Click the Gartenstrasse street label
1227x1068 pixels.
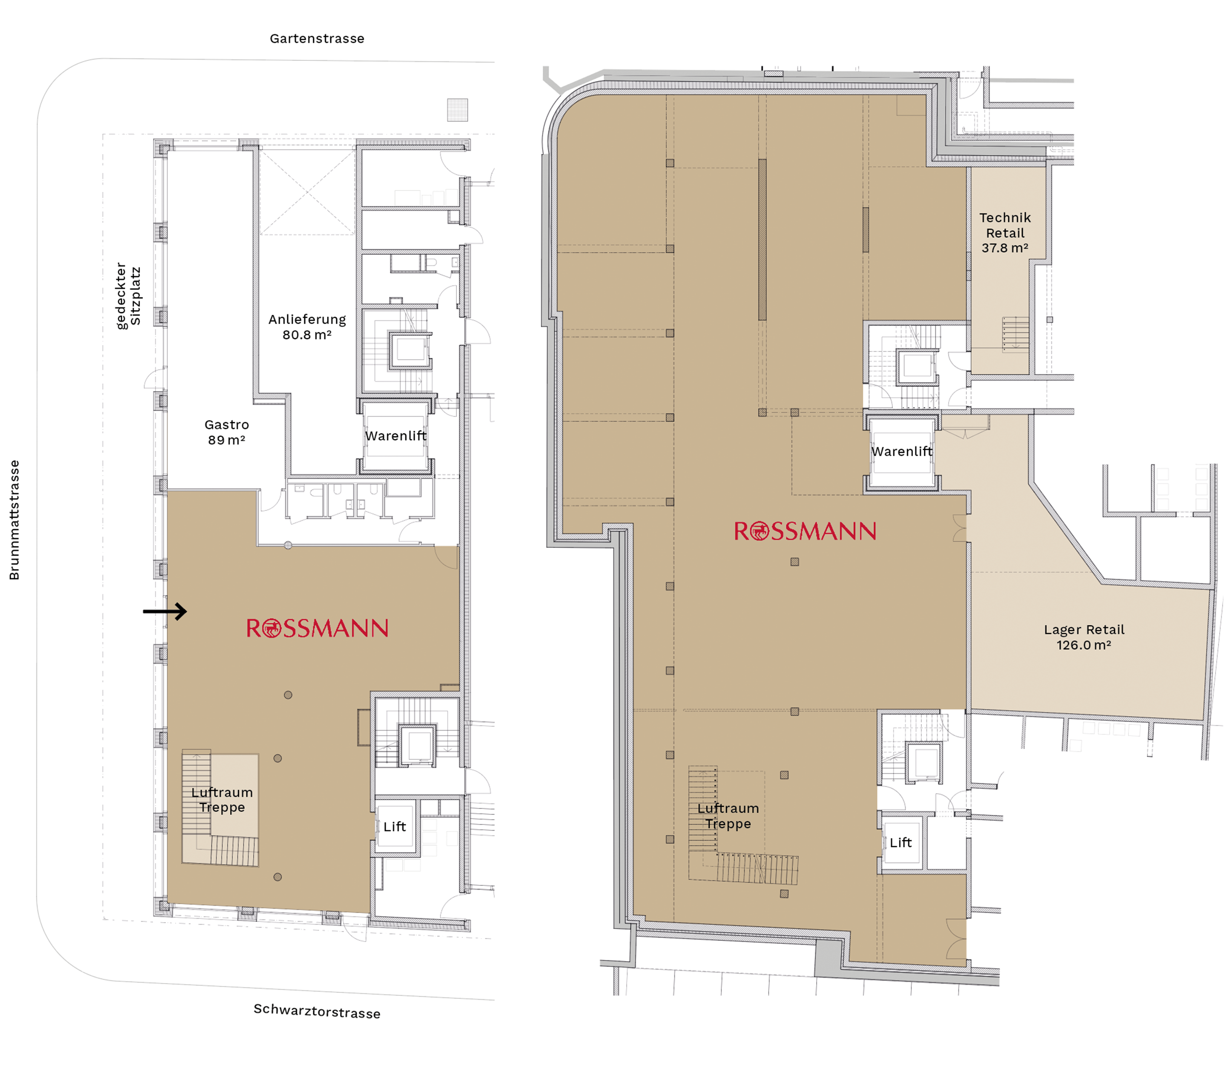[317, 39]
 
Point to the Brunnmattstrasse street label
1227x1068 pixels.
[14, 520]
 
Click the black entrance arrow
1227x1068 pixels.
[165, 611]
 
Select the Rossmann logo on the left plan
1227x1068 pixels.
[317, 628]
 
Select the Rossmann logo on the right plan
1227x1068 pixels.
[804, 531]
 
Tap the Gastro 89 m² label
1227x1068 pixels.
[226, 432]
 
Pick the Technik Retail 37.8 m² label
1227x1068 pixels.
[1005, 233]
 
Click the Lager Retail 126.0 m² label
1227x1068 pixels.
[1084, 637]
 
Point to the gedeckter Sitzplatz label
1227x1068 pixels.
[128, 295]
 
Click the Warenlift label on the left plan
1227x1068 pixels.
[396, 436]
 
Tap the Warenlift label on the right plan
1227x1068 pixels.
[902, 451]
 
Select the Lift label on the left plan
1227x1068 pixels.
[395, 827]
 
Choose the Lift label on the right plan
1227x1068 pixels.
[901, 842]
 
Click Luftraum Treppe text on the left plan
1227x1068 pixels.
[222, 800]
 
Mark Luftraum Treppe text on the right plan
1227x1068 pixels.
[728, 816]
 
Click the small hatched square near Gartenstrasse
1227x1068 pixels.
[457, 109]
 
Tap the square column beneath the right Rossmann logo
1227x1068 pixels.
[795, 561]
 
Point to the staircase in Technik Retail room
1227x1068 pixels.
[1015, 334]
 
